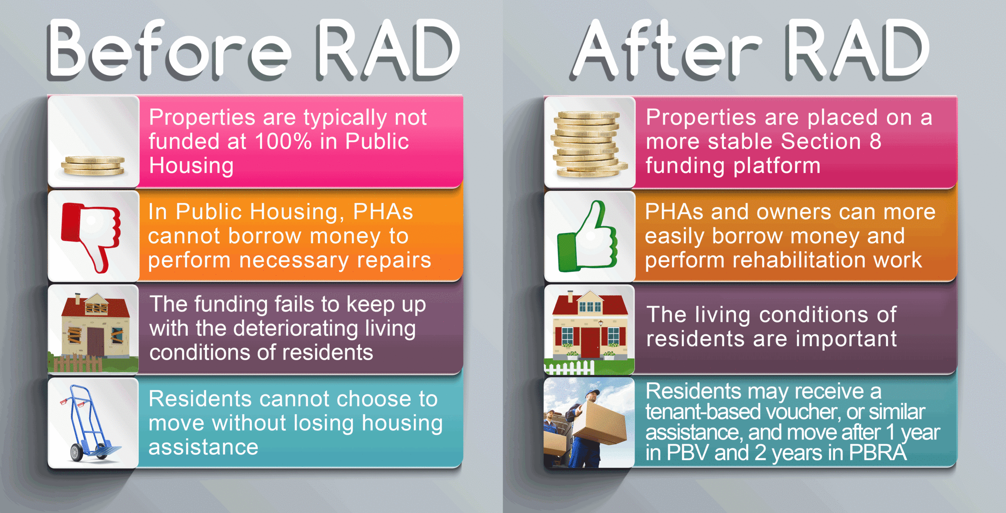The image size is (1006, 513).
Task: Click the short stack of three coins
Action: click(93, 165)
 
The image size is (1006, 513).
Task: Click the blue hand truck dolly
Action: click(90, 423)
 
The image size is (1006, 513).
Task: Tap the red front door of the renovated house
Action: click(590, 342)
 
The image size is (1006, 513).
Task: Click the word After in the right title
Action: click(666, 49)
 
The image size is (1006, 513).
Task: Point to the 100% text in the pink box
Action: click(283, 141)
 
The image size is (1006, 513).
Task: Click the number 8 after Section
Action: click(875, 141)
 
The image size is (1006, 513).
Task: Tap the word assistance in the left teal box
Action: click(203, 447)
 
